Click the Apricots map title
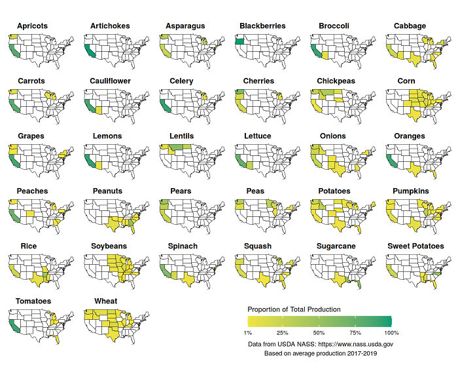point(32,26)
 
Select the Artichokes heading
point(110,26)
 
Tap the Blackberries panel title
point(262,26)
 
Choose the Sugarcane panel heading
point(339,246)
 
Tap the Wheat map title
point(106,301)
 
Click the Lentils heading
point(181,136)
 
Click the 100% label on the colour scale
point(391,333)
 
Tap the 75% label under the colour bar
point(355,333)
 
